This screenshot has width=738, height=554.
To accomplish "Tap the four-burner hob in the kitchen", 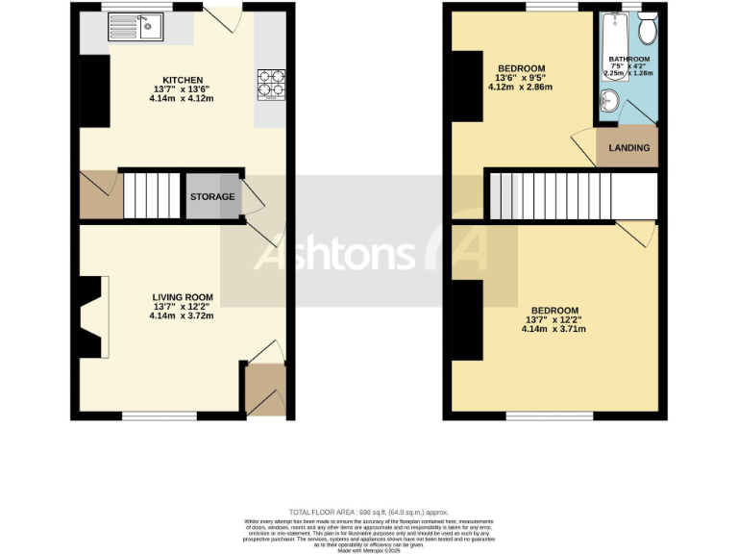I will [x=271, y=85].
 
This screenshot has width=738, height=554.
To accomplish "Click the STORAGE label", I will [x=211, y=197].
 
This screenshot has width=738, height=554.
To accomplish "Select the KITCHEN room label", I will [x=182, y=80].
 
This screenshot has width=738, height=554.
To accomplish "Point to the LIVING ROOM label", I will [x=182, y=297].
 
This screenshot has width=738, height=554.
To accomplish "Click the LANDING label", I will [x=629, y=148].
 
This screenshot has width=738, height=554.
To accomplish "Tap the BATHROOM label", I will [x=628, y=60].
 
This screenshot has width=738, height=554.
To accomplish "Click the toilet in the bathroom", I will [x=647, y=29].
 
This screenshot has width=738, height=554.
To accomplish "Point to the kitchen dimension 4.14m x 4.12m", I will [x=182, y=98].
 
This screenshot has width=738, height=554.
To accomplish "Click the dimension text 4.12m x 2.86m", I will [x=520, y=88].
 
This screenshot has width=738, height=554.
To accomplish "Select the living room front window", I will [x=159, y=416].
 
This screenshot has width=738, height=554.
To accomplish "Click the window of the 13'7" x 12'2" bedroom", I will [x=548, y=416].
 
